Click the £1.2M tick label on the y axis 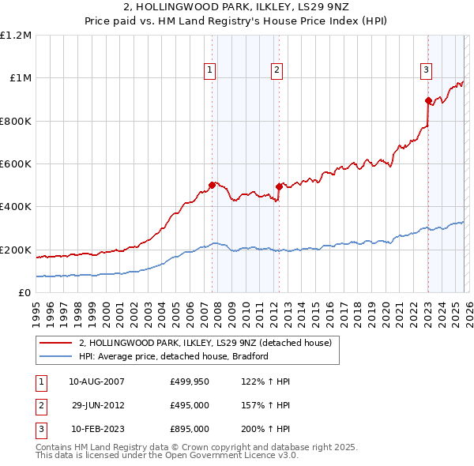pyautogui.click(x=16, y=36)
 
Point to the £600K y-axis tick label pyautogui.click(x=16, y=164)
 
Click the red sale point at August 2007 pyautogui.click(x=212, y=186)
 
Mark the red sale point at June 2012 pyautogui.click(x=280, y=186)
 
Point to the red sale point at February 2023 pyautogui.click(x=427, y=100)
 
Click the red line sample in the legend pyautogui.click(x=56, y=343)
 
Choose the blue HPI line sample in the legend pyautogui.click(x=56, y=356)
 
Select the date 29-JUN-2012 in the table pyautogui.click(x=98, y=405)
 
